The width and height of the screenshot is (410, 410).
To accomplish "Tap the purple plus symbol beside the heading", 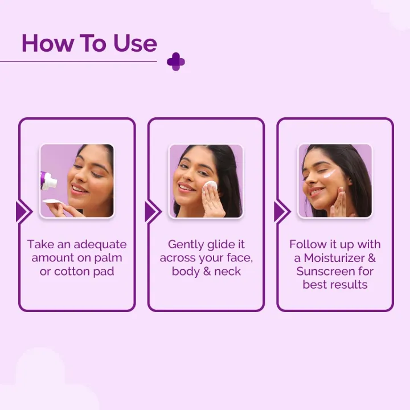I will pyautogui.click(x=176, y=61).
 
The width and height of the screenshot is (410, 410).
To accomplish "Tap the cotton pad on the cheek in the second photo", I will pyautogui.click(x=210, y=186).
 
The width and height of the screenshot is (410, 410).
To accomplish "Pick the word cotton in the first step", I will pyautogui.click(x=76, y=271).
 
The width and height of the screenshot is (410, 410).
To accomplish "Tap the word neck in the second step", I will pyautogui.click(x=228, y=271).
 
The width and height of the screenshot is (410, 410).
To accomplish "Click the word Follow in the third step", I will pyautogui.click(x=307, y=244).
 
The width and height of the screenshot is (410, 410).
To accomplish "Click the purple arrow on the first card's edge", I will pyautogui.click(x=23, y=211).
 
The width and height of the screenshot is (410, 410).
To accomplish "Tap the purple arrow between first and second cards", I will pyautogui.click(x=152, y=211).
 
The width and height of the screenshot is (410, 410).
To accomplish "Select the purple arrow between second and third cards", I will pyautogui.click(x=281, y=211).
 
